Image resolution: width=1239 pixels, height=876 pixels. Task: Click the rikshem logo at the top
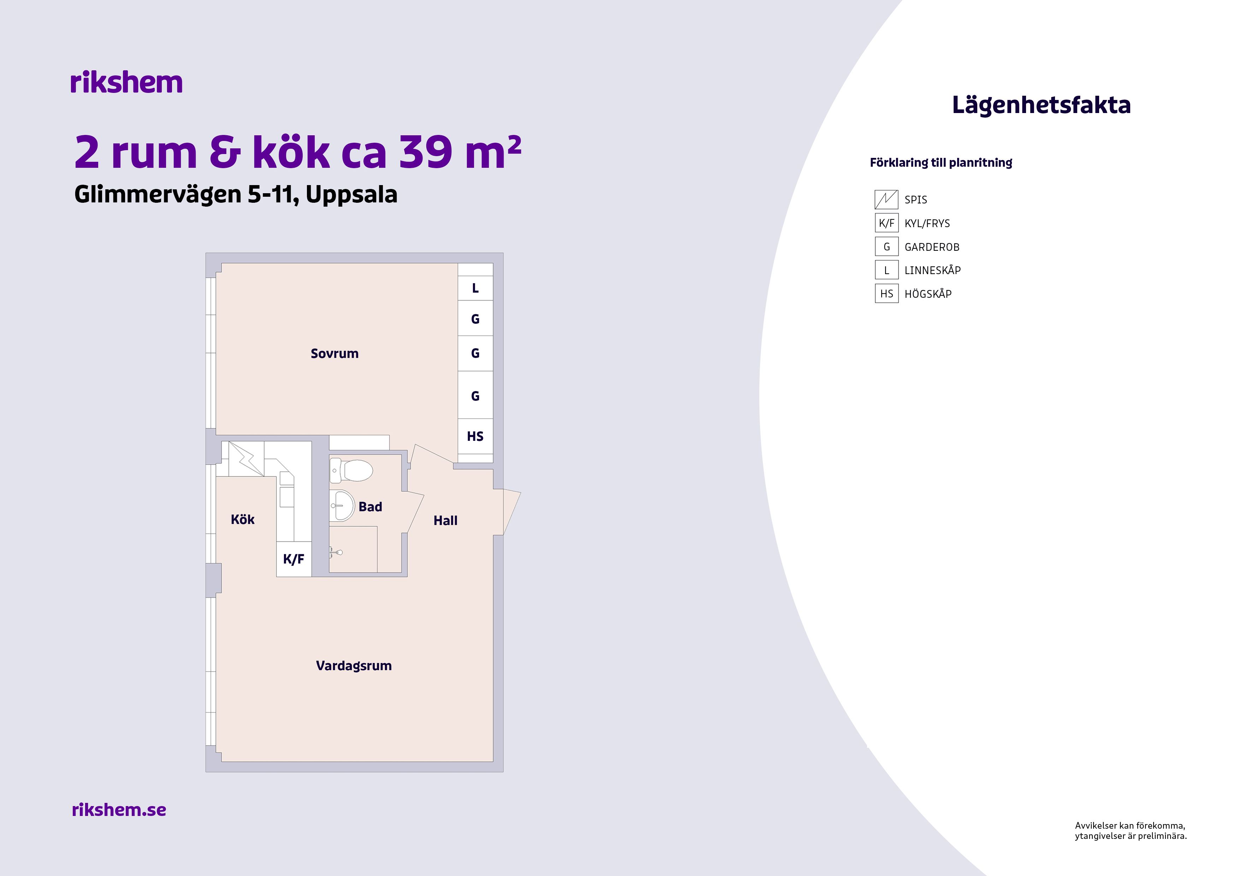126,83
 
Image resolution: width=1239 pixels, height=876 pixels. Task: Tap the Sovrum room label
334,354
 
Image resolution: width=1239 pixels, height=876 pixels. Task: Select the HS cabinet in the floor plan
475,436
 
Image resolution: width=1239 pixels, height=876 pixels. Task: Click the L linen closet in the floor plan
475,288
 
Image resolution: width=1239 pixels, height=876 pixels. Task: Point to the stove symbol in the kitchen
246,459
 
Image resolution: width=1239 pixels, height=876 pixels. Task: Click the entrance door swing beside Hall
511,512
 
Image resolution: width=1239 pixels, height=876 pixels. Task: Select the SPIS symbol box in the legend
887,200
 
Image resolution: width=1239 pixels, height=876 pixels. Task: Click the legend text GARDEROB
932,247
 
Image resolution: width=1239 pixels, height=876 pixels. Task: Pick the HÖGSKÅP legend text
928,294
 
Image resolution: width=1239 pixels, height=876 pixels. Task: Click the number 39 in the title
425,152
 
